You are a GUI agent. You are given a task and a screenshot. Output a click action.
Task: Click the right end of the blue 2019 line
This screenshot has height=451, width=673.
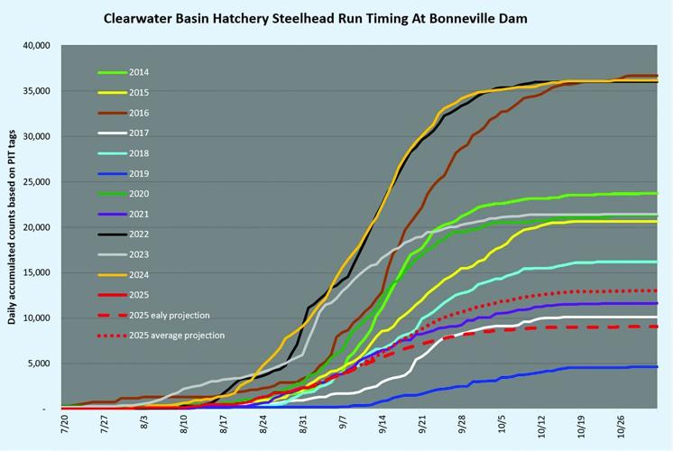[x=658, y=367]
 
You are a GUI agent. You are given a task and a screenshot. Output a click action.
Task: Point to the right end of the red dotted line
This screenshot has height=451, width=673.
[x=658, y=290]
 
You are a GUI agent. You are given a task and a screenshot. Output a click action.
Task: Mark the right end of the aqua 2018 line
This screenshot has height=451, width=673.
[x=658, y=262]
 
